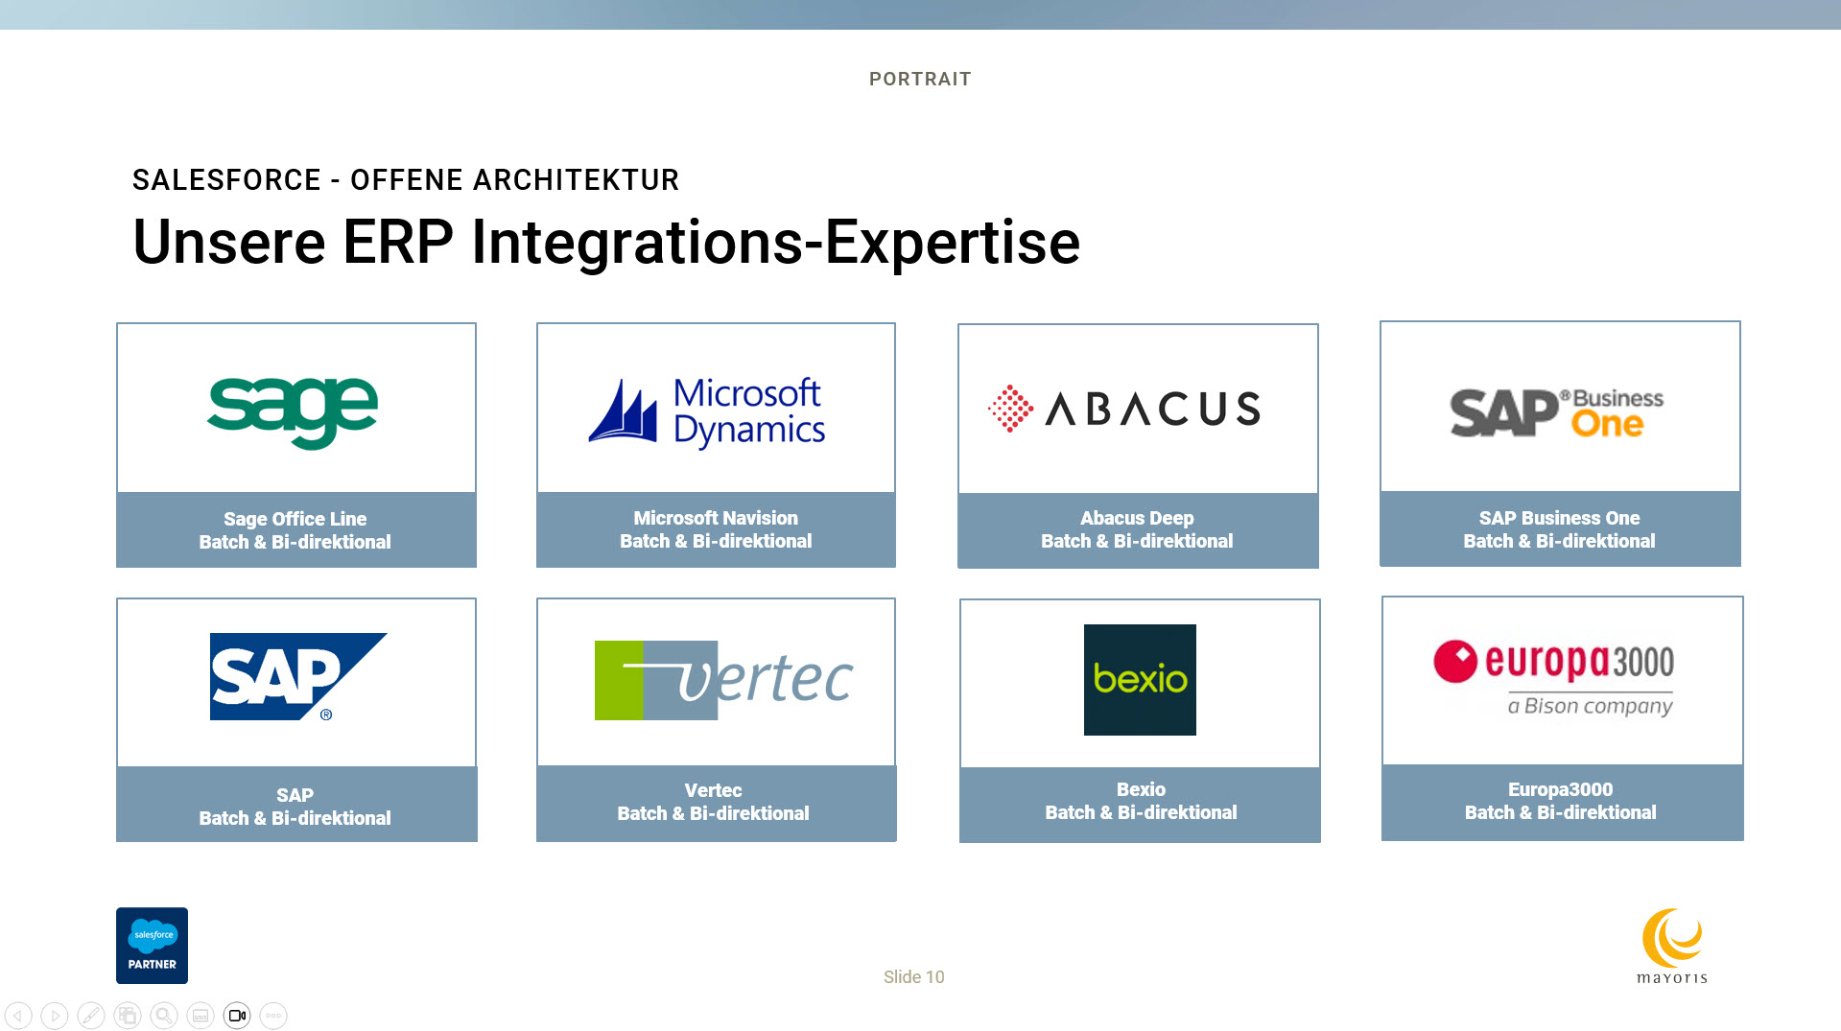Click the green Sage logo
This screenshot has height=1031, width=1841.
tap(293, 411)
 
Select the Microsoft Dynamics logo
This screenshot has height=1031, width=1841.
tap(707, 412)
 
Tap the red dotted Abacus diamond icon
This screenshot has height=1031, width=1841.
tap(1010, 410)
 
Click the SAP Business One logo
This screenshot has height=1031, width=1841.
tap(1556, 413)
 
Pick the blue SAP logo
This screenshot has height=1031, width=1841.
tap(298, 676)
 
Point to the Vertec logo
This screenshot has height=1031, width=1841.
tap(723, 680)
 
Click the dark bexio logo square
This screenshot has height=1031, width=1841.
tap(1140, 680)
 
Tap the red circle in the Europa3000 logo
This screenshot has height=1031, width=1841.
tap(1455, 662)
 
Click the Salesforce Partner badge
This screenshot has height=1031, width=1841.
tap(152, 946)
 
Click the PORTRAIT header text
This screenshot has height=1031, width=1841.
tap(920, 80)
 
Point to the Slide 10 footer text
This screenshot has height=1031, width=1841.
tap(913, 977)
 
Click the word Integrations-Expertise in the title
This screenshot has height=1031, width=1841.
tap(775, 242)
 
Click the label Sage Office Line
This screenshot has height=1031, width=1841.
tap(295, 519)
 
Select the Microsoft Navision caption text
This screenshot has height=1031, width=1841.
tap(716, 518)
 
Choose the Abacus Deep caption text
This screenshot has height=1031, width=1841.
tap(1137, 518)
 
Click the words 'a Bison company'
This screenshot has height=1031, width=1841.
tap(1590, 706)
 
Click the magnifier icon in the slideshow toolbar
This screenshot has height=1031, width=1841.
tap(164, 1016)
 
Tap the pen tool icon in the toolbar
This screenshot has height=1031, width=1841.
tap(91, 1016)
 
